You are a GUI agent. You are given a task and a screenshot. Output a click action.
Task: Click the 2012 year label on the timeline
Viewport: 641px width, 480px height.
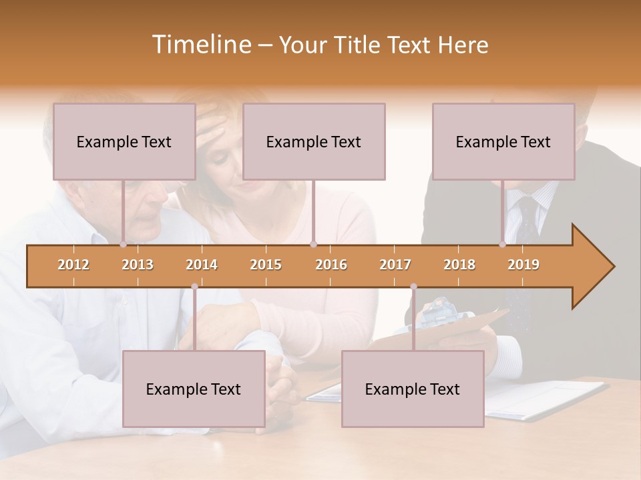pyautogui.click(x=73, y=265)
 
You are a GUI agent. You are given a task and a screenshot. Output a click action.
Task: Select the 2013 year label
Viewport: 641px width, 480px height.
pyautogui.click(x=138, y=265)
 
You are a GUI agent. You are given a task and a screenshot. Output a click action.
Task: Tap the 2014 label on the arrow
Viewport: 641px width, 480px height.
pyautogui.click(x=202, y=265)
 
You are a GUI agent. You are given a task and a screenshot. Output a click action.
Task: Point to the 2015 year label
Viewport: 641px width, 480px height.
pyautogui.click(x=266, y=265)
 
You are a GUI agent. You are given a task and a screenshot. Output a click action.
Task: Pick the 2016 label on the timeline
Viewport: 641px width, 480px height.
pyautogui.click(x=331, y=265)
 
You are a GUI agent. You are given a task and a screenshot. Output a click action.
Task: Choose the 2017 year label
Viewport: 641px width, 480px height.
pyautogui.click(x=395, y=265)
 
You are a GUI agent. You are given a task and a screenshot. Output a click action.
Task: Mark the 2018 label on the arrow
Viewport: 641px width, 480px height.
pyautogui.click(x=459, y=265)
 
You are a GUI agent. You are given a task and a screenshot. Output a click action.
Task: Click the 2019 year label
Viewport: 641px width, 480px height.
pyautogui.click(x=523, y=265)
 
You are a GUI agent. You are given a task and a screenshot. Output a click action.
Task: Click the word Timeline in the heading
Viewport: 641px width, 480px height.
pyautogui.click(x=200, y=45)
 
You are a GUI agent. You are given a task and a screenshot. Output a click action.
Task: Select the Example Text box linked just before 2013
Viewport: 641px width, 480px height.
pyautogui.click(x=124, y=141)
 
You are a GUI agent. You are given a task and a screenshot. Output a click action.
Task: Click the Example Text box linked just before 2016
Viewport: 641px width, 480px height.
pyautogui.click(x=314, y=141)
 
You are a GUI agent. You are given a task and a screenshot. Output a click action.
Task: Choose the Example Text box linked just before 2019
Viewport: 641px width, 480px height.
pyautogui.click(x=503, y=141)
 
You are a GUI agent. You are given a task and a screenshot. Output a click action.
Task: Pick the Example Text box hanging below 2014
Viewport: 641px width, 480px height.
pyautogui.click(x=194, y=389)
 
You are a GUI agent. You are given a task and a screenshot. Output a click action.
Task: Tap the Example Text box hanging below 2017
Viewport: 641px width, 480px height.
pyautogui.click(x=413, y=389)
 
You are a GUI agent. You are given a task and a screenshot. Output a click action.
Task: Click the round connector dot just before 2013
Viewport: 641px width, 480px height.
pyautogui.click(x=123, y=245)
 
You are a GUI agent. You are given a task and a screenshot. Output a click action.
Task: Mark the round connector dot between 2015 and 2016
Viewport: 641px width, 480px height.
pyautogui.click(x=313, y=245)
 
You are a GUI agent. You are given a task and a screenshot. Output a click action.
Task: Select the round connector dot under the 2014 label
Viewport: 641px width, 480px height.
pyautogui.click(x=194, y=287)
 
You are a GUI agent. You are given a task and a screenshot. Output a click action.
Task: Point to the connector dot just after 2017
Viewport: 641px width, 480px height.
pyautogui.click(x=413, y=287)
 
